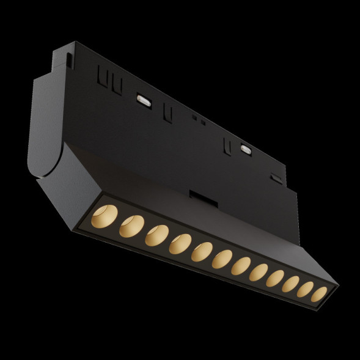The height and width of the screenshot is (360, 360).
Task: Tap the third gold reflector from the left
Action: (156, 235)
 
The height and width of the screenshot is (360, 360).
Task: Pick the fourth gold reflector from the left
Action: (180, 244)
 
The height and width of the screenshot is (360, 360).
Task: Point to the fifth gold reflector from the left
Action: (202, 252)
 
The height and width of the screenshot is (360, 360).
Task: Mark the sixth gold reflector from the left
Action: (222, 259)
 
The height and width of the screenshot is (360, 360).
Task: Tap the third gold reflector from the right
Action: (290, 283)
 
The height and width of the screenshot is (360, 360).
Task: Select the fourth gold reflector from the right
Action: (274, 277)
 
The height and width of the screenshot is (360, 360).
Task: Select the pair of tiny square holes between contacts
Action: (199, 120)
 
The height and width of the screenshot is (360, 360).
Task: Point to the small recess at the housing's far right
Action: (276, 180)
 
